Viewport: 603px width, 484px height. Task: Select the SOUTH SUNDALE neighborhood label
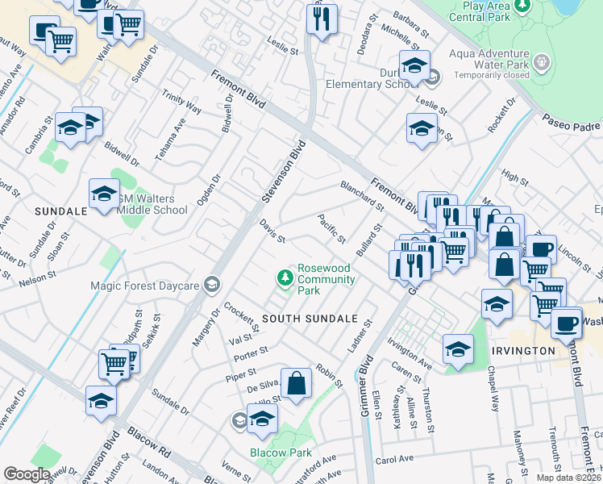coord(309,319)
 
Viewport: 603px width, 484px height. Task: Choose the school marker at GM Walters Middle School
coord(104,194)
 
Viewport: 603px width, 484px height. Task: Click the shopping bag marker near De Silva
coord(297,384)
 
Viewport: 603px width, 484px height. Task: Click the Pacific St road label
coord(331,229)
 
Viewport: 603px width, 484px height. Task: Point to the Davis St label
coord(272,232)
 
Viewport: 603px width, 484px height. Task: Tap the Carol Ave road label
coord(394,459)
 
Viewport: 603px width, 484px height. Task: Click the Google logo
coord(27,474)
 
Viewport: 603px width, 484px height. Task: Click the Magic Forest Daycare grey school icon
coord(211,284)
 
